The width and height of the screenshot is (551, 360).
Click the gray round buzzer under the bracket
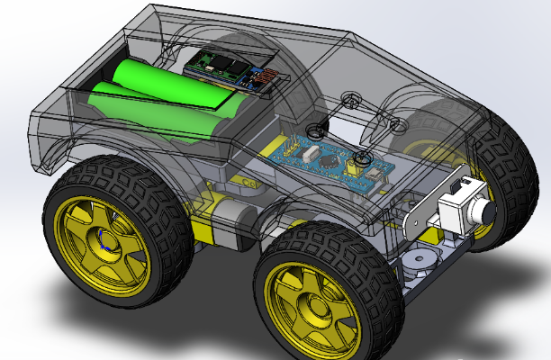[x=416, y=261]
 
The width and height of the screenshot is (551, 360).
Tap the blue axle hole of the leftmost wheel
[x=104, y=239]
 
